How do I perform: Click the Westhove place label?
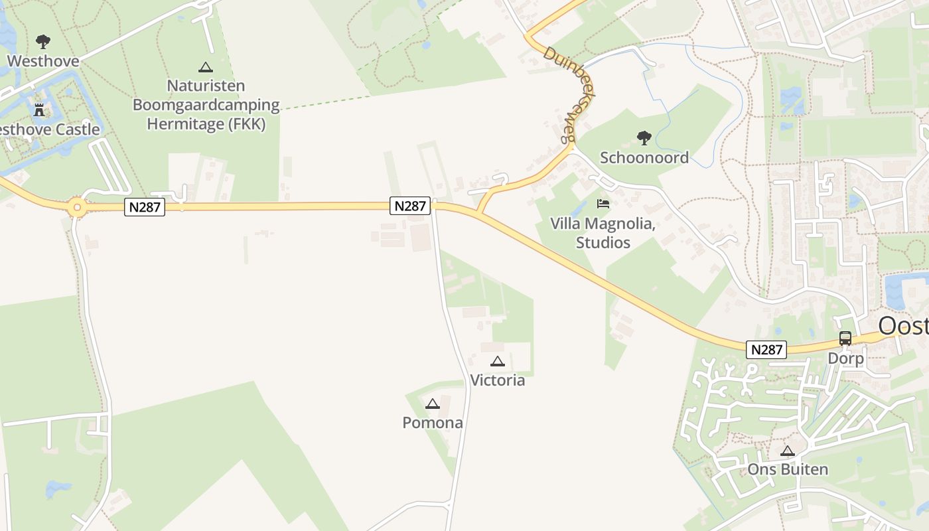tap(43, 61)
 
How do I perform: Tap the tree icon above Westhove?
tap(43, 42)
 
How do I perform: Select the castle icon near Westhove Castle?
tap(39, 110)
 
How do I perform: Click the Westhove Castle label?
tap(50, 129)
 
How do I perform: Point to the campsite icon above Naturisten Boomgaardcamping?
tap(206, 67)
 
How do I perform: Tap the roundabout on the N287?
tap(77, 208)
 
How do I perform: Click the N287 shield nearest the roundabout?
tap(145, 207)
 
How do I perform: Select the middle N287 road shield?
tap(410, 206)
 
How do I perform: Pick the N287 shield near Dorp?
tap(766, 349)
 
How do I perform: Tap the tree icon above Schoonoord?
tap(644, 138)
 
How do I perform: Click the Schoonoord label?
tap(644, 157)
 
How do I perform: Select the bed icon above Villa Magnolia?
tap(603, 203)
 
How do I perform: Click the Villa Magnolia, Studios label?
tap(603, 233)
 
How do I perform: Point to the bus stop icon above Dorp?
tap(845, 338)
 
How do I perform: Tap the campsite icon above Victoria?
tap(497, 361)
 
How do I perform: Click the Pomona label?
tap(433, 423)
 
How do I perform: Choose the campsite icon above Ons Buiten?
tap(788, 451)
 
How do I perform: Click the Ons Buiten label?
tap(788, 470)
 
